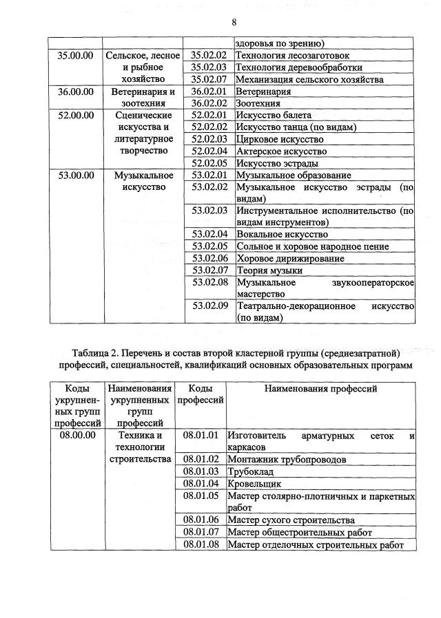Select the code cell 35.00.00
[76, 55]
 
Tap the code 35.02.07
[209, 80]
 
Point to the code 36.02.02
[209, 103]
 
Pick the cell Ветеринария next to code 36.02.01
[263, 92]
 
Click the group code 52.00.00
[76, 115]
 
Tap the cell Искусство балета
[274, 115]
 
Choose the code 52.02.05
[209, 163]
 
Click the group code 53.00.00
[76, 175]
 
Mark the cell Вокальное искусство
[283, 234]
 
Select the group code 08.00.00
[77, 436]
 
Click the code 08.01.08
[201, 544]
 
